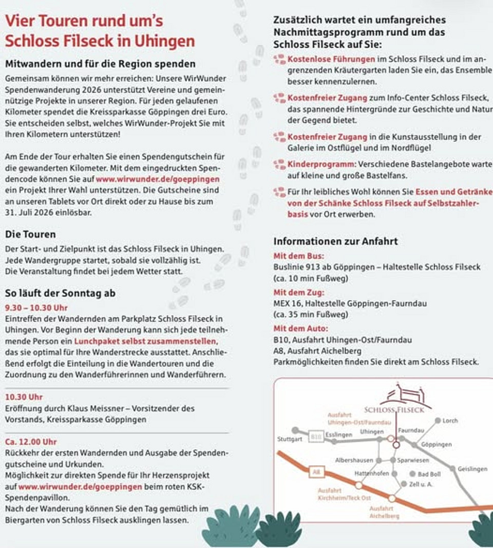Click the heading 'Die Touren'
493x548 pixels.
30,234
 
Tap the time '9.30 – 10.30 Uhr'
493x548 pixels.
36,308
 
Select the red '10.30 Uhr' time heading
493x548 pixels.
24,397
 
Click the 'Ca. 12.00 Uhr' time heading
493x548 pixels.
31,442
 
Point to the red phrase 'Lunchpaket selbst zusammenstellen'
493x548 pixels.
145,341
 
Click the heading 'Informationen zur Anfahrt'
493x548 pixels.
335,241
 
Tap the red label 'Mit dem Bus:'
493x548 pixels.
298,255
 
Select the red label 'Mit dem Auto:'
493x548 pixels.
300,328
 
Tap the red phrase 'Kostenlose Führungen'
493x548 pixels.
331,59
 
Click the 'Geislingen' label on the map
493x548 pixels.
472,469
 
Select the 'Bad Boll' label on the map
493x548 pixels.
429,474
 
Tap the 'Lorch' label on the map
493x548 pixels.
450,421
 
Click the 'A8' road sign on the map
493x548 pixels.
316,471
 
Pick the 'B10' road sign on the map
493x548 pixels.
316,437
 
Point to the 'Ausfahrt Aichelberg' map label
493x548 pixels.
384,512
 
